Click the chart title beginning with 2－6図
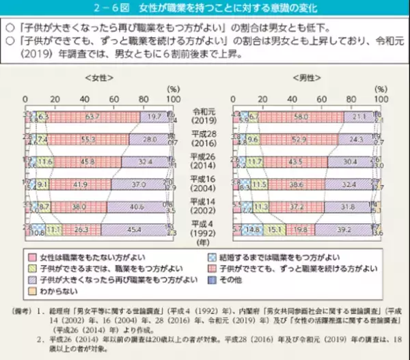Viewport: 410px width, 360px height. (205, 10)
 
